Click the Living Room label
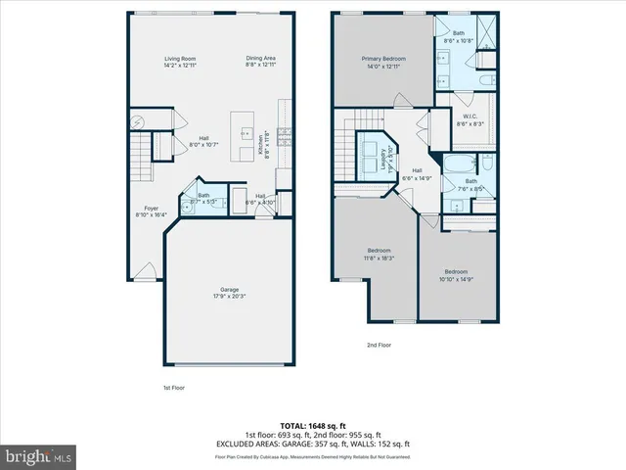(x=180, y=62)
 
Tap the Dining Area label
(x=260, y=62)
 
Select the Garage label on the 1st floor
(x=230, y=292)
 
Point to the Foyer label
(x=152, y=211)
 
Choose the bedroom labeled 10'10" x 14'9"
(x=457, y=274)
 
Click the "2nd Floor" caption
(x=380, y=345)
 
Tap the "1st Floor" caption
(x=175, y=388)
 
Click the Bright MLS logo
(x=39, y=456)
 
